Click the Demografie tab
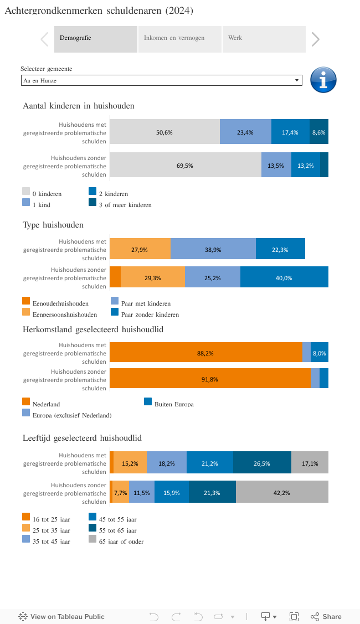click(x=95, y=39)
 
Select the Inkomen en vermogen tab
click(x=179, y=39)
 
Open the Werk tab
click(x=264, y=39)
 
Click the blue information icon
click(x=323, y=80)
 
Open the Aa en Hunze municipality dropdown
click(x=161, y=81)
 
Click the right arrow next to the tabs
click(x=315, y=39)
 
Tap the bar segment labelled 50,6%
click(x=164, y=132)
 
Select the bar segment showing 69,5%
click(x=185, y=166)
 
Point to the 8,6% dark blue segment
click(x=319, y=132)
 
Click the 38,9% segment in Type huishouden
click(x=213, y=250)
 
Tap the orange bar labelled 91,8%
click(x=210, y=379)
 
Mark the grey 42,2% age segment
click(x=282, y=492)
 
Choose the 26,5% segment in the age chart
click(x=262, y=463)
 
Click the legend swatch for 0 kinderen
click(x=26, y=192)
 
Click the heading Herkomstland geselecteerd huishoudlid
click(x=93, y=329)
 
